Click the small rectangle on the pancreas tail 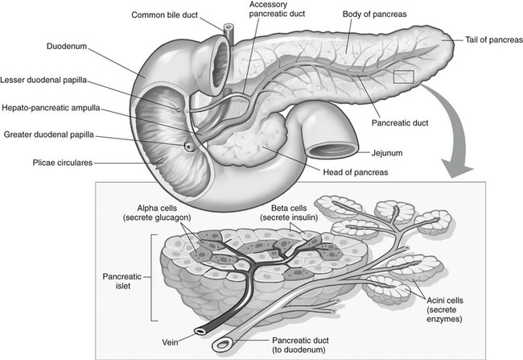point(404,77)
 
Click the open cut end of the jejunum point(331,150)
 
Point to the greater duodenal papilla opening point(189,147)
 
